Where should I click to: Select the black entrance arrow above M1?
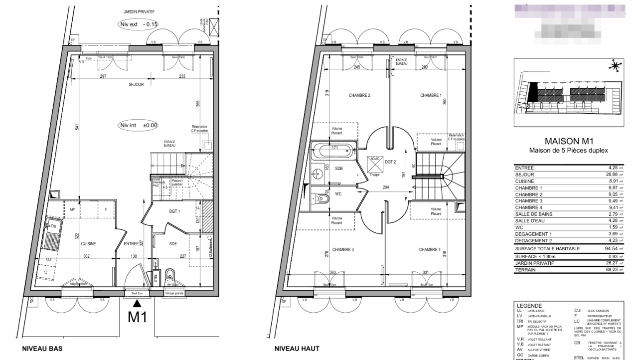pos(137,303)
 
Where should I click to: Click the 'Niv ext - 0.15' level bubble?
pos(137,24)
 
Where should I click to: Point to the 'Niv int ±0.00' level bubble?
pos(137,126)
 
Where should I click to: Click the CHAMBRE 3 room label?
pos(343,249)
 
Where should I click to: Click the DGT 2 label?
pos(391,162)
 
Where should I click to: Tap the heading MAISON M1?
pos(568,142)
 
